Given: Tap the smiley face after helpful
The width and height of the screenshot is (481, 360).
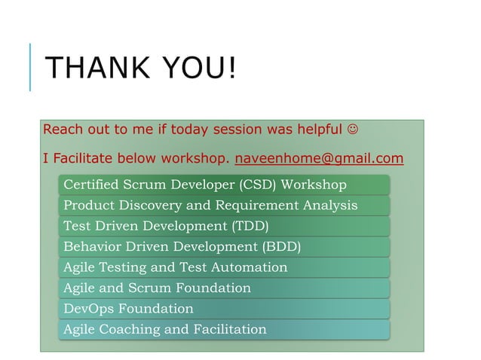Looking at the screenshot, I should tap(353, 130).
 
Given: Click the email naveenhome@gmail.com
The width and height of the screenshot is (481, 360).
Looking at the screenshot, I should tap(319, 159).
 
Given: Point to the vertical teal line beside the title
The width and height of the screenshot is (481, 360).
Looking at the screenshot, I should tap(30, 67).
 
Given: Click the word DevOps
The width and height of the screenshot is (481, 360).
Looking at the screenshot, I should tap(87, 309).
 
